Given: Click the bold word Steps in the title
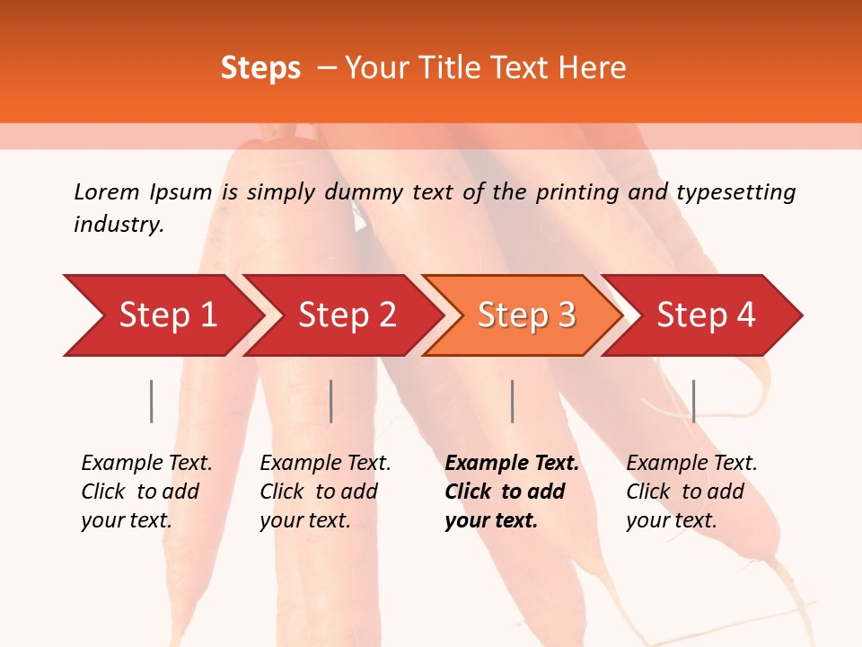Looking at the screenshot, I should pos(260,68).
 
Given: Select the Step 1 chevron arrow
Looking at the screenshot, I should pos(162,315).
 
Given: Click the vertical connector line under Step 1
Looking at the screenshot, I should pos(152,401).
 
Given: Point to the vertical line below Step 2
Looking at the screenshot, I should pos(331,401).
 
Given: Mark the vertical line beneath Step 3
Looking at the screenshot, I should pos(512,401).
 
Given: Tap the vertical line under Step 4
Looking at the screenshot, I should pos(693,401).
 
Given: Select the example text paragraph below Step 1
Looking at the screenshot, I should pos(146,491).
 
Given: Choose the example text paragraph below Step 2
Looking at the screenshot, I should pos(325,491).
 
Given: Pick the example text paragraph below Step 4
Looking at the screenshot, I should pos(691,491).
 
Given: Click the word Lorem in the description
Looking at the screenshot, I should pos(106,191).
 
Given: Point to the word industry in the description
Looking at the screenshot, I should pos(119,225).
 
